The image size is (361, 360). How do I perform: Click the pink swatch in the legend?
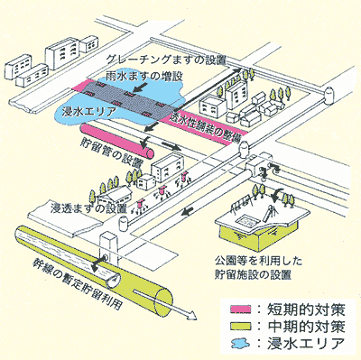(x=239, y=309)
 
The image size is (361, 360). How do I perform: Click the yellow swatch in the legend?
(x=239, y=326)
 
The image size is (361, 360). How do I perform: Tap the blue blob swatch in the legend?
(x=239, y=342)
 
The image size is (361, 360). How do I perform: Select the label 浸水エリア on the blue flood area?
(x=87, y=112)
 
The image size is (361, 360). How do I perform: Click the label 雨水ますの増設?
(x=144, y=76)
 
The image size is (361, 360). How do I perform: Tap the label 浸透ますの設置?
(x=88, y=208)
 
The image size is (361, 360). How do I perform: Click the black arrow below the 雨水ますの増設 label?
(x=142, y=88)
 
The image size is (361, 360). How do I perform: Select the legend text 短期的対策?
(x=306, y=309)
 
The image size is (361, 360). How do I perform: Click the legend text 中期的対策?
(x=306, y=326)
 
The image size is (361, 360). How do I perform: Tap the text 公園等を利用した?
(x=259, y=261)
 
